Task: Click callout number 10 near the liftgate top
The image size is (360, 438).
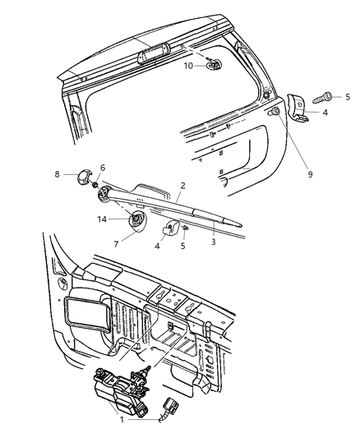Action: (188, 65)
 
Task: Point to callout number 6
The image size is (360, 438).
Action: (103, 168)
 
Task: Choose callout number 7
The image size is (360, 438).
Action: (116, 245)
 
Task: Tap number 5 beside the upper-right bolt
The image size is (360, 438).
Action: (348, 95)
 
